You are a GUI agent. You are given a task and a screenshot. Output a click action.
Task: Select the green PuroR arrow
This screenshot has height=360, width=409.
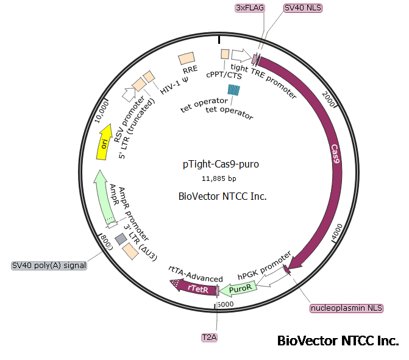coord(240,291)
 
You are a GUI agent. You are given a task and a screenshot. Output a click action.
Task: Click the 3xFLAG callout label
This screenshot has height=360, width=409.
coord(249,8)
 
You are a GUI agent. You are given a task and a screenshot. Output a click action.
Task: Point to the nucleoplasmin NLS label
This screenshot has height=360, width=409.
coord(347,308)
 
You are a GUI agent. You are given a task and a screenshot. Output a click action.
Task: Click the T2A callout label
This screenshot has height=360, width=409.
coord(210,337)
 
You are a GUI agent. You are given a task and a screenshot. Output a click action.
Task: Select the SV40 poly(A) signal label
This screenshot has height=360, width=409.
coord(49,266)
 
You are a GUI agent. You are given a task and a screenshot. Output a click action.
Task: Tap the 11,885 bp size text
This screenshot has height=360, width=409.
coord(219,178)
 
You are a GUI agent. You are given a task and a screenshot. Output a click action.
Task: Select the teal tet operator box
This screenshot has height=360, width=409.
coord(234,90)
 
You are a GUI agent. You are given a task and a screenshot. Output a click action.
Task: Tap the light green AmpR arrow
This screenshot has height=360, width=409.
coord(104,196)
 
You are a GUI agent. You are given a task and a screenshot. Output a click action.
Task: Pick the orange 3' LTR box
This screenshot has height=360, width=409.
coord(130,250)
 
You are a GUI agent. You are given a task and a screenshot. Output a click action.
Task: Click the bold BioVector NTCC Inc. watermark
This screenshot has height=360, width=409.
coord(338,341)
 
